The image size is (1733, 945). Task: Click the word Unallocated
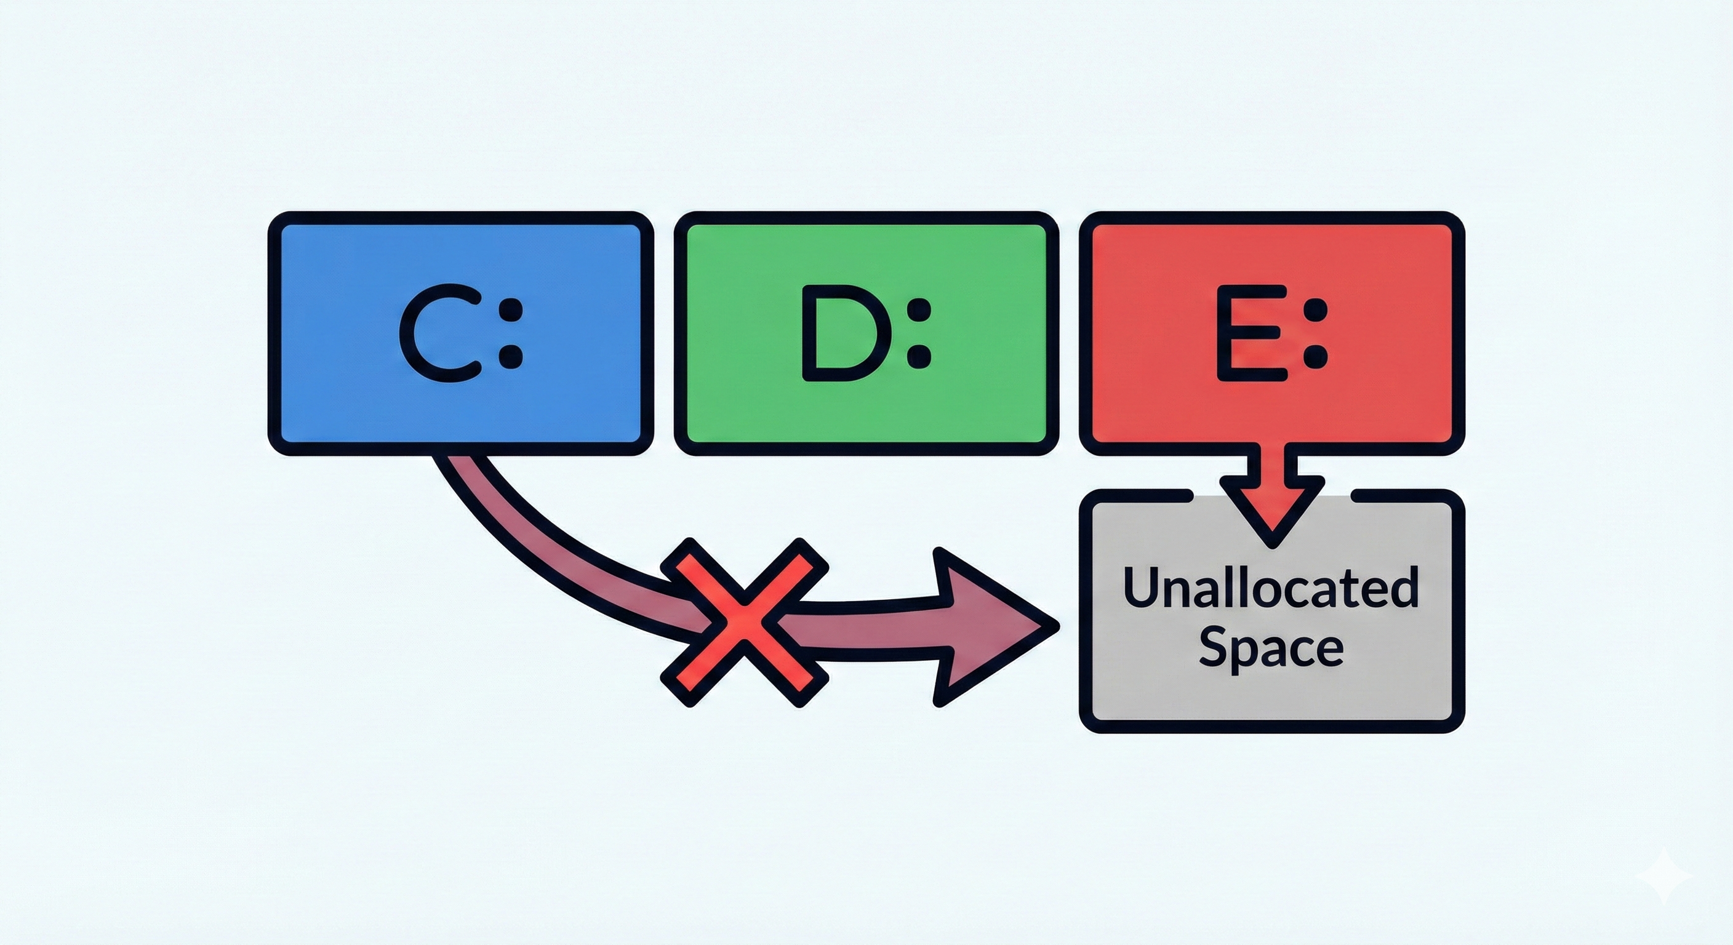point(1271,586)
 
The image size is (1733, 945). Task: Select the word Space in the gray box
point(1271,648)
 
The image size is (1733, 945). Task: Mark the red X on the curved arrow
point(744,622)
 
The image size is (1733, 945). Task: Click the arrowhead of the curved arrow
point(989,626)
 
